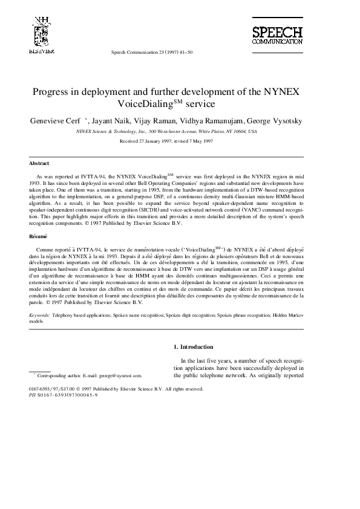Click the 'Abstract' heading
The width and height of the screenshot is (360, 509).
click(x=39, y=163)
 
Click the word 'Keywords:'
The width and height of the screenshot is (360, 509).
click(x=40, y=316)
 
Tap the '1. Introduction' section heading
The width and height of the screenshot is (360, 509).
click(x=193, y=347)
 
